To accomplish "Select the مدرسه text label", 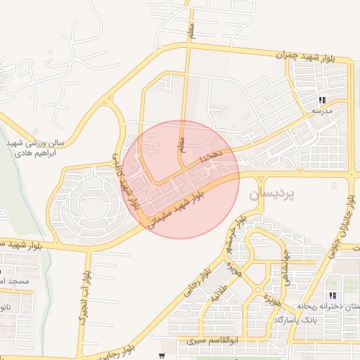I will (x=322, y=111).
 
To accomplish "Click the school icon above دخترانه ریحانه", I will (x=332, y=296).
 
